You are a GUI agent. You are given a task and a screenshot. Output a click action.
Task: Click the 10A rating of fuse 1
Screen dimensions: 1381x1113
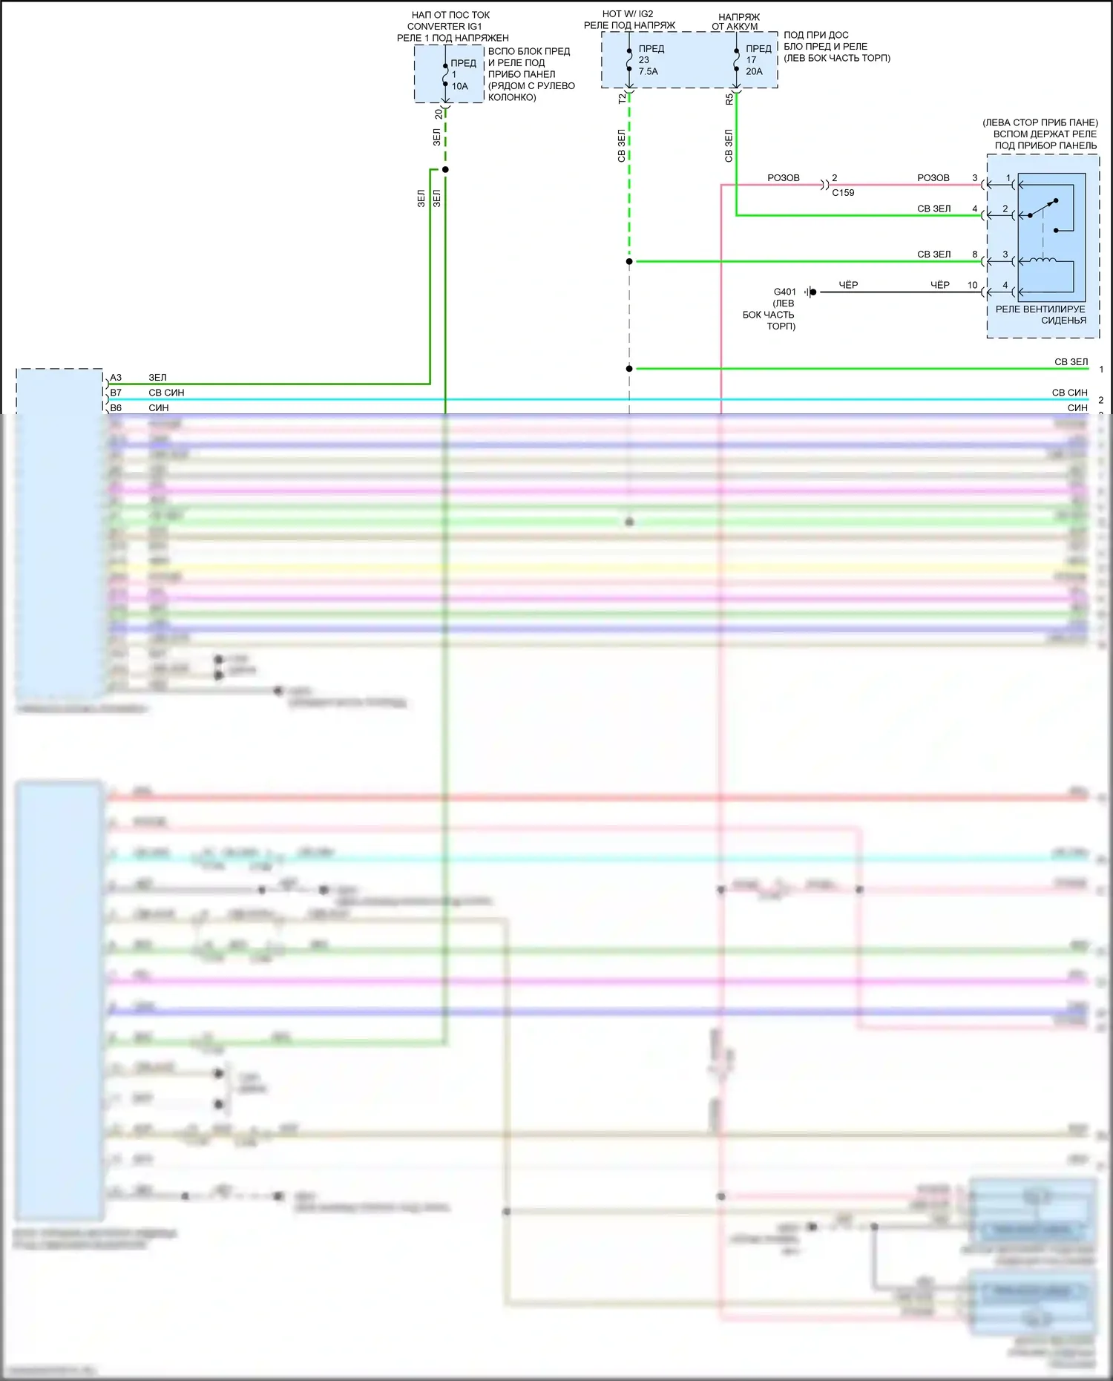[x=460, y=86]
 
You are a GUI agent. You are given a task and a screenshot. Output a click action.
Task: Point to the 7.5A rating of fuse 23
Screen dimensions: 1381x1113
[x=648, y=71]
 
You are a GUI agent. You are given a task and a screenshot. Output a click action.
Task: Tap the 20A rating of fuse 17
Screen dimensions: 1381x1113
[x=754, y=71]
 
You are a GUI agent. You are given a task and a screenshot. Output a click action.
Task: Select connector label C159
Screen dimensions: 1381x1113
[x=843, y=193]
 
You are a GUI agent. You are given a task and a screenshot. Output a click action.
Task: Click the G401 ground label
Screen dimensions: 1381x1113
[x=784, y=292]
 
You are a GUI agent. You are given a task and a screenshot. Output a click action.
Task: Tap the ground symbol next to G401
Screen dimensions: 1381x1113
[x=810, y=292]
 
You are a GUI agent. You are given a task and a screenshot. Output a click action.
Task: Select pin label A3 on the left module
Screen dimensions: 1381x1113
[x=116, y=378]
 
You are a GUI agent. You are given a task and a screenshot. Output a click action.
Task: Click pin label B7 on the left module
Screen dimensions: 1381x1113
[x=116, y=393]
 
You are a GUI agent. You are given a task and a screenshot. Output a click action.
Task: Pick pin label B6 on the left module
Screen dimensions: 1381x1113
[x=116, y=407]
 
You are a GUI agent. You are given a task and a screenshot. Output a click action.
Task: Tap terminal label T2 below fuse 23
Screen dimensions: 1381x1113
[x=622, y=98]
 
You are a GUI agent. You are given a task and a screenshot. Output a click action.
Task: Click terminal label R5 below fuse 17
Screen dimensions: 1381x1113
[x=729, y=98]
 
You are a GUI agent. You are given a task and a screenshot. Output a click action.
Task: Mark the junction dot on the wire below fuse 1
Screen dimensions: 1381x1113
[x=445, y=170]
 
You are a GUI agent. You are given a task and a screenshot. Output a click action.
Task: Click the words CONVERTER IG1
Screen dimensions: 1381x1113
[x=444, y=26]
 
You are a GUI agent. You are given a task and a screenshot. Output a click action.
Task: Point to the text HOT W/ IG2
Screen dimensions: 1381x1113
[x=628, y=14]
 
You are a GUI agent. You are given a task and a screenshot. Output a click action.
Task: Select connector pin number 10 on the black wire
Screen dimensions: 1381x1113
[x=972, y=285]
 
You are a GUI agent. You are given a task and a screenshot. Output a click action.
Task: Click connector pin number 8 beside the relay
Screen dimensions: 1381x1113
[x=975, y=255]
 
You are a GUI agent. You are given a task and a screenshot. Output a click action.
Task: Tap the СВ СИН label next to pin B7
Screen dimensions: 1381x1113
[x=166, y=393]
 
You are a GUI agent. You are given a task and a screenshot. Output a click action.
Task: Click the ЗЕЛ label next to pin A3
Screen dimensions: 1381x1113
[x=157, y=378]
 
